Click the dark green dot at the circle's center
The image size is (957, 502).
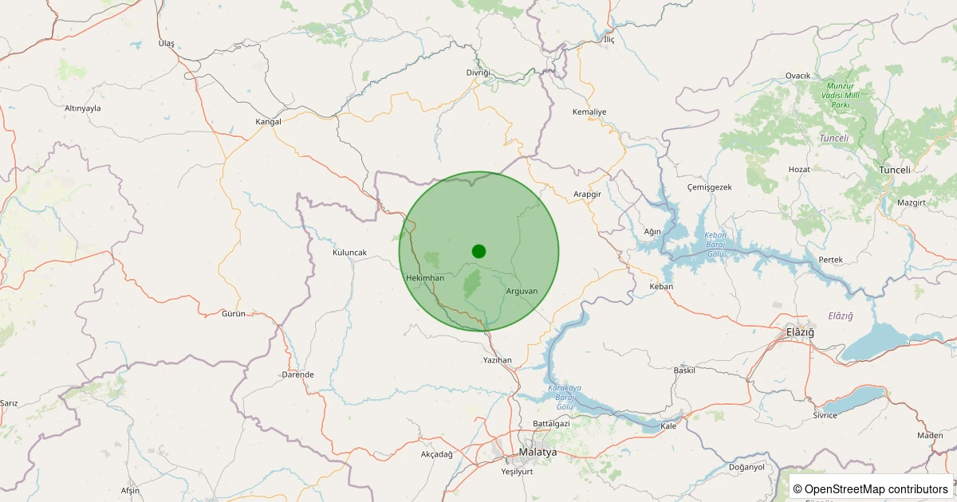(478, 251)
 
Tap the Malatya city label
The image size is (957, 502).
(538, 452)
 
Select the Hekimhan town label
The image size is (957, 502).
(424, 277)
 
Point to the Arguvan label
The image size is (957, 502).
(522, 291)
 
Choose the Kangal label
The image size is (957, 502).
(269, 122)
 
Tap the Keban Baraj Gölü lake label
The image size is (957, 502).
(715, 244)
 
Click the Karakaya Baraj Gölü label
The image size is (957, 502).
(565, 397)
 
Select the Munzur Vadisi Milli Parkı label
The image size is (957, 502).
(845, 95)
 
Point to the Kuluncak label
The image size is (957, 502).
(349, 253)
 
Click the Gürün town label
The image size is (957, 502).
(234, 314)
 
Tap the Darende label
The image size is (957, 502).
(297, 375)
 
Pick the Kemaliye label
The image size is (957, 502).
(589, 112)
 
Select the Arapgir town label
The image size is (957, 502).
(587, 194)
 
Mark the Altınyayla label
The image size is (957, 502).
(83, 108)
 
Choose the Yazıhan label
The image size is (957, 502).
(498, 360)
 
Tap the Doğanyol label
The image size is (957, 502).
(746, 467)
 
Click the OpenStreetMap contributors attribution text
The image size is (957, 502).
(871, 488)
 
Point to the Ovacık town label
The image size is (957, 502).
(797, 76)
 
